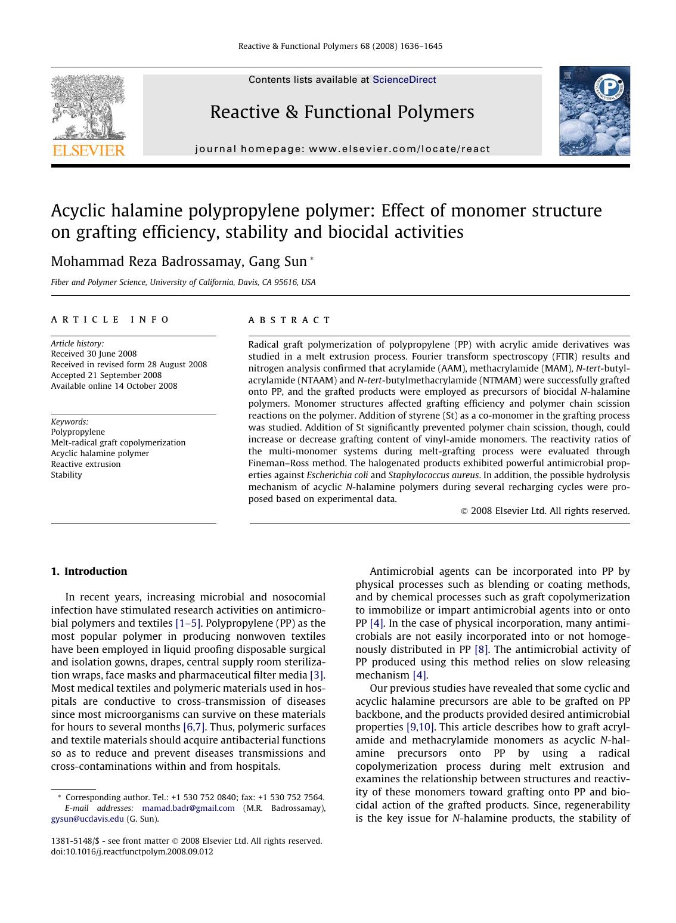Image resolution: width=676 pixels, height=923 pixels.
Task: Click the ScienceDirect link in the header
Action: [x=404, y=80]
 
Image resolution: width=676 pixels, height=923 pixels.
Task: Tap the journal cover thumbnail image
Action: [x=594, y=111]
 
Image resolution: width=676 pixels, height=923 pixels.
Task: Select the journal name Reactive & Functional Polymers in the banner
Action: [x=342, y=112]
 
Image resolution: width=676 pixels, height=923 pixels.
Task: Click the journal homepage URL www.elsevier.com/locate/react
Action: [x=399, y=149]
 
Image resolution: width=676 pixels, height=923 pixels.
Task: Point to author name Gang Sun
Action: [x=278, y=261]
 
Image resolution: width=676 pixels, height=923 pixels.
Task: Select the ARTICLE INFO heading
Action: [x=111, y=320]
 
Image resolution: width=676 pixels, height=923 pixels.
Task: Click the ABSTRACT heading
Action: [x=290, y=320]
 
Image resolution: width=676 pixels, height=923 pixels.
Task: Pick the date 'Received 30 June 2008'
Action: [x=94, y=354]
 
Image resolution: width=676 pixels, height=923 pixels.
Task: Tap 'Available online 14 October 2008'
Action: [x=114, y=386]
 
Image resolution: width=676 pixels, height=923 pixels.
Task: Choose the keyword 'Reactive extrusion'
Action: [x=86, y=464]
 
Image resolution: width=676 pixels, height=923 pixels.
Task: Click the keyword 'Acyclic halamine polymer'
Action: [x=100, y=453]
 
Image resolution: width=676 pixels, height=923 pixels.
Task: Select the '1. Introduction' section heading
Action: [x=89, y=571]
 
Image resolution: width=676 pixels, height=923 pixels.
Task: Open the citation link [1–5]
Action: [x=188, y=623]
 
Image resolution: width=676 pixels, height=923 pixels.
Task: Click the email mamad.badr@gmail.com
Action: [x=188, y=808]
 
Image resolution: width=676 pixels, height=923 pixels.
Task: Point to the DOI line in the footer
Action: [x=132, y=851]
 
